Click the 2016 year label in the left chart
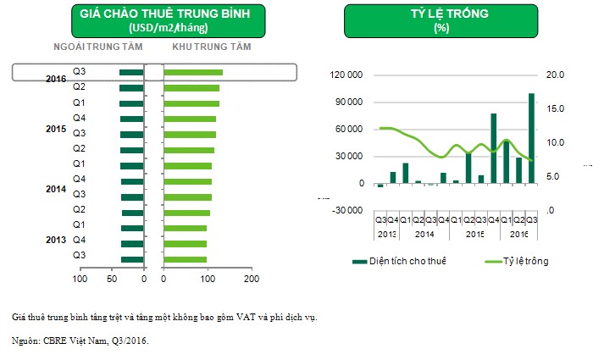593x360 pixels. (x=56, y=79)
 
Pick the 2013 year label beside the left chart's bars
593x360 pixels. (x=56, y=240)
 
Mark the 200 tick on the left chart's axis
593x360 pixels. (x=250, y=278)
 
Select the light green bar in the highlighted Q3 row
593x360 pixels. (x=193, y=72)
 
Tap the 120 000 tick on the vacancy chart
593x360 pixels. (x=347, y=75)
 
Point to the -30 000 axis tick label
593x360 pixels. (x=347, y=211)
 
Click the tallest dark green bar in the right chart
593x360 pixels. (x=531, y=138)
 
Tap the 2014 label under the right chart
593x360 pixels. (x=424, y=233)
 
